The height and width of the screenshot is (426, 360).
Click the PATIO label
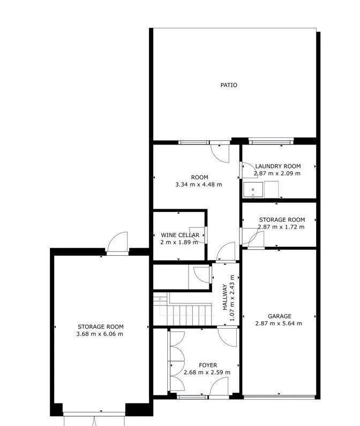(x=229, y=85)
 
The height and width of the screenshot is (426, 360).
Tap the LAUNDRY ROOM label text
(x=278, y=166)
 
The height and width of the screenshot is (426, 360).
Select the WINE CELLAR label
(x=180, y=235)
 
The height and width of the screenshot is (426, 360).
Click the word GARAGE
(x=280, y=316)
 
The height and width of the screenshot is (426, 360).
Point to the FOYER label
(x=208, y=365)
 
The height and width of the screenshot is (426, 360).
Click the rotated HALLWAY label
(x=225, y=297)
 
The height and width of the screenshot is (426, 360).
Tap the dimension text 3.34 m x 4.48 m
(x=199, y=185)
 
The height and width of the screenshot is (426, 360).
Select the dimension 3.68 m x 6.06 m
(x=100, y=334)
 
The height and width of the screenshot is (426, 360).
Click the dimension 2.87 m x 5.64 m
(x=279, y=323)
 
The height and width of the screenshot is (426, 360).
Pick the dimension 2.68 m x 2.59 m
(x=207, y=372)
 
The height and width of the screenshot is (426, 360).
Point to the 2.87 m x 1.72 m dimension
(x=281, y=227)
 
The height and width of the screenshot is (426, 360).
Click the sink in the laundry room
(x=253, y=189)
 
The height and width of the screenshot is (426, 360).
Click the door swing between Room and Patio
(x=220, y=154)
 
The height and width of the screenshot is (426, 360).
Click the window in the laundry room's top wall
(x=271, y=141)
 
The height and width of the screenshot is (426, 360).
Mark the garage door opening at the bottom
(x=280, y=397)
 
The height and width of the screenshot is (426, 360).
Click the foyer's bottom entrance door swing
(x=219, y=386)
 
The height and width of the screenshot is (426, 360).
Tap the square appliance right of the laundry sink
(x=272, y=189)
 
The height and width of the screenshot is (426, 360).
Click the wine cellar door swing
(x=197, y=235)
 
